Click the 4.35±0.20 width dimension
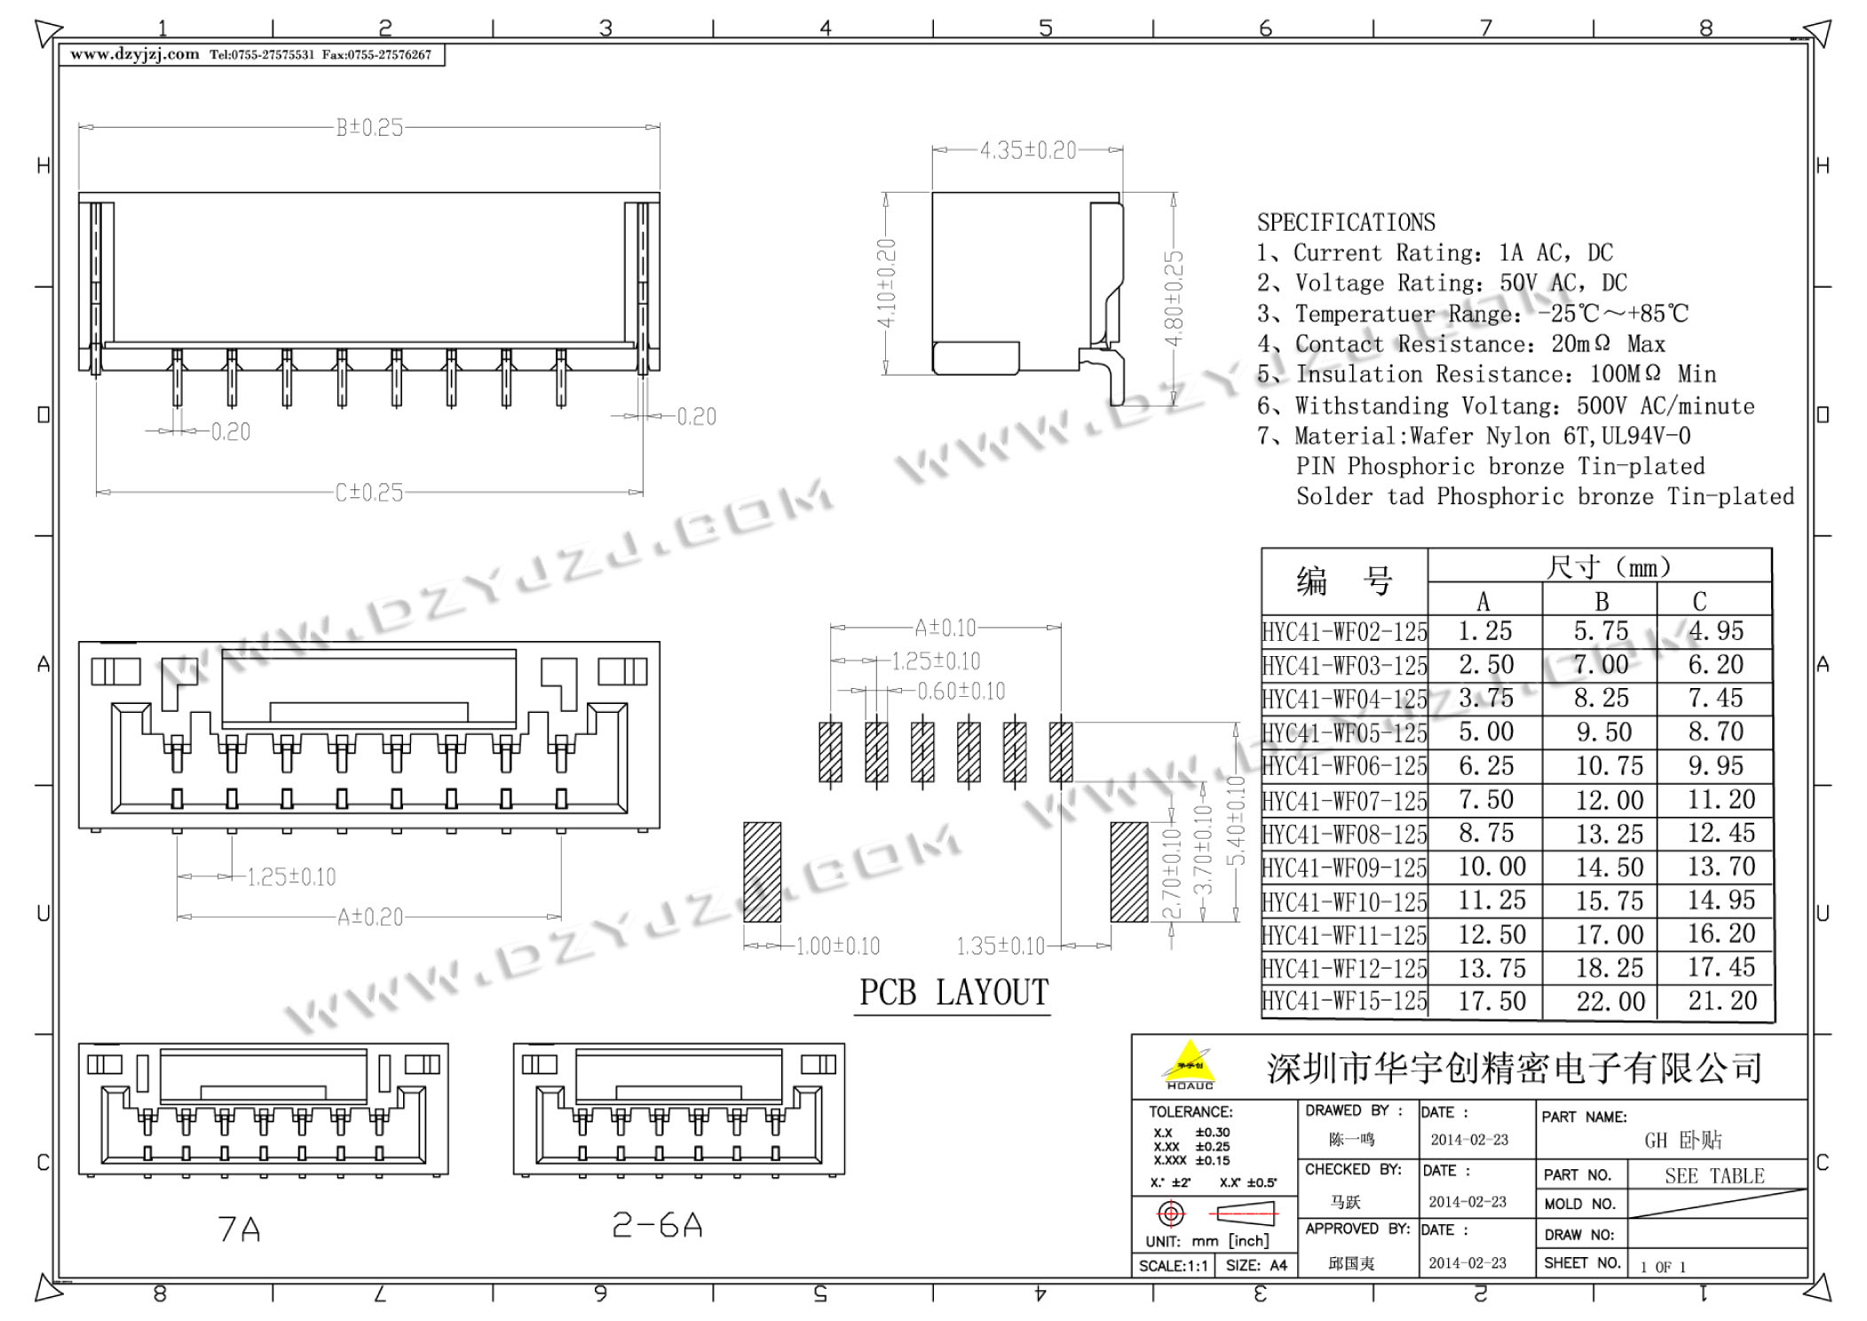pos(1028,150)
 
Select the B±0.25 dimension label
pos(369,128)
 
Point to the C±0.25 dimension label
pos(369,492)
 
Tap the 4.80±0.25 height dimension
pos(1174,299)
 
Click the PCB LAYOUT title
pos(954,992)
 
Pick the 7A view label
pos(239,1229)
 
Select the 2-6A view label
pos(658,1225)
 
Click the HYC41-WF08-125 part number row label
pos(1344,835)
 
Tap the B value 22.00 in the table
pos(1610,1001)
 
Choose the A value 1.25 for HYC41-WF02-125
pos(1484,631)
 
